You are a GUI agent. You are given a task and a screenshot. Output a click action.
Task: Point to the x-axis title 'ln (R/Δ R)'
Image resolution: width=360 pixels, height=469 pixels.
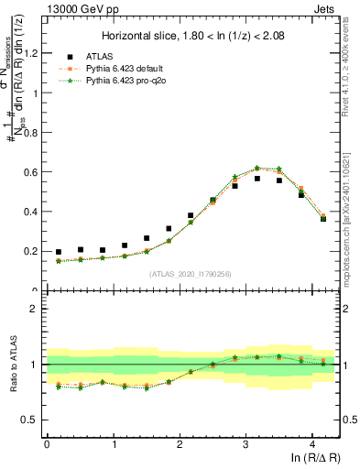[x=315, y=459]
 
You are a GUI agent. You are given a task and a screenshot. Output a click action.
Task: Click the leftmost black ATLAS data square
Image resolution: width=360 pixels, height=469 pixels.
[x=59, y=252]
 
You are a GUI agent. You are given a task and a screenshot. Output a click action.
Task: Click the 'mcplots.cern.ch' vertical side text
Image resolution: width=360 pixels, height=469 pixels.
[x=352, y=220]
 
